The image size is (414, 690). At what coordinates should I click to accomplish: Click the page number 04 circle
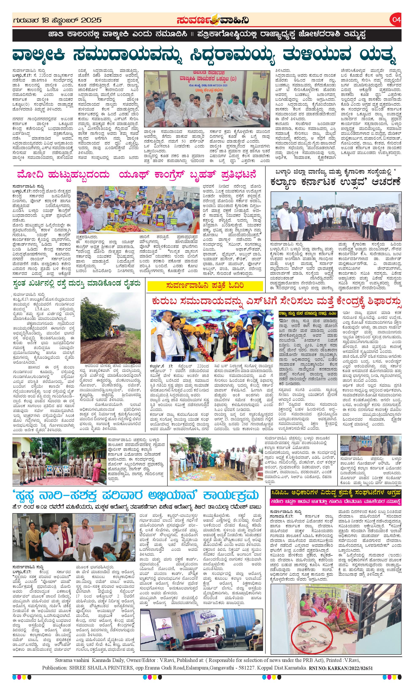click(x=396, y=20)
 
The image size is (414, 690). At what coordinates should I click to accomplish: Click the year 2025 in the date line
click(x=90, y=20)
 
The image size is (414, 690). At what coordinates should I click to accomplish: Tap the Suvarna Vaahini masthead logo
click(x=213, y=20)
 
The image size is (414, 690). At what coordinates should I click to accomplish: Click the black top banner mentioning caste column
click(x=206, y=35)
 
